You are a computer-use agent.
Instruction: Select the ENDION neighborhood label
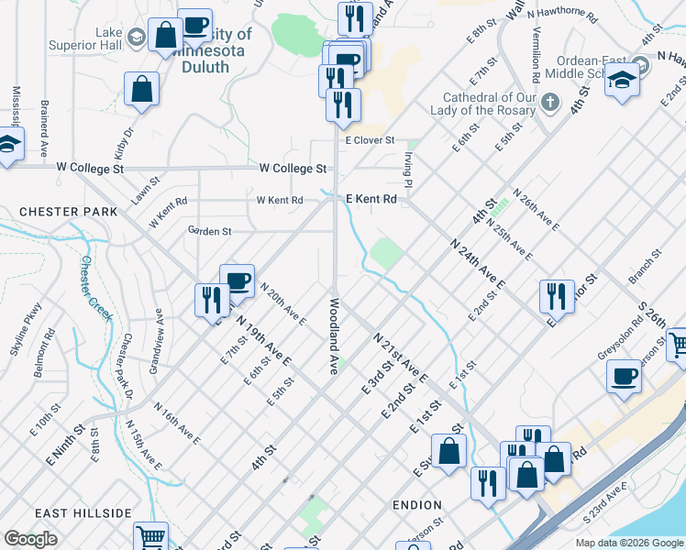click(x=416, y=505)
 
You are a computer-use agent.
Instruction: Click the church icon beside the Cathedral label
click(x=550, y=101)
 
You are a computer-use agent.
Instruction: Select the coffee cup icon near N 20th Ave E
click(x=237, y=280)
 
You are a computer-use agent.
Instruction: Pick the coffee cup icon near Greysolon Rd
click(x=624, y=377)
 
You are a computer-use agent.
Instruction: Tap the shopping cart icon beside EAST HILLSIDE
click(x=150, y=537)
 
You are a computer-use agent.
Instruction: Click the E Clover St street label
click(x=370, y=140)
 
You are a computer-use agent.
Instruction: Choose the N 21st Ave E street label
click(x=401, y=357)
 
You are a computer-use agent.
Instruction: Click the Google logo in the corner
click(x=31, y=539)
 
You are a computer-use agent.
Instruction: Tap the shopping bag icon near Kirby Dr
click(x=142, y=91)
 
